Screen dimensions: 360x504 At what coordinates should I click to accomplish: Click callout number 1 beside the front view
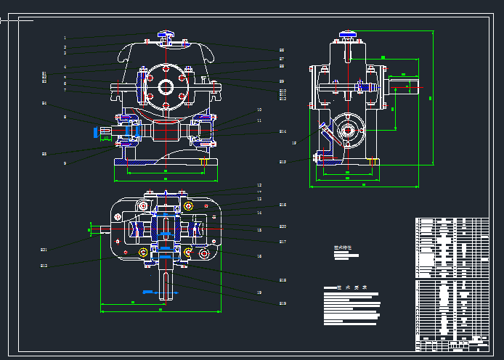pos(65,38)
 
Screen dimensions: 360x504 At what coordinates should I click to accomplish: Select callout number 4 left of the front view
pos(65,67)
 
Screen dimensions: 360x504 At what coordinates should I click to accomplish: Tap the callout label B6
pos(282,50)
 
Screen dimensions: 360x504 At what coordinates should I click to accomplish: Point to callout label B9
pos(282,81)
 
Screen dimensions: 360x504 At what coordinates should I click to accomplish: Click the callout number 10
pos(259,110)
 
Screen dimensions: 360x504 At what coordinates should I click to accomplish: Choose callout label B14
pos(283,131)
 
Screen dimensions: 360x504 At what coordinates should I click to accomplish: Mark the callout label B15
pos(283,162)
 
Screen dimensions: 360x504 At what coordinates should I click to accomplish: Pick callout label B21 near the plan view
pos(44,250)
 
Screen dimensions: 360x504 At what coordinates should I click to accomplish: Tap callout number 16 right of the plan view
pos(259,256)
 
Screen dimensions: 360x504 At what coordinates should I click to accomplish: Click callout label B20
pos(283,226)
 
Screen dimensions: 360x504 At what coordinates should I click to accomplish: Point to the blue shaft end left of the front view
pos(97,131)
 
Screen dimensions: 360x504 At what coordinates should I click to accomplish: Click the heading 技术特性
pos(343,247)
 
